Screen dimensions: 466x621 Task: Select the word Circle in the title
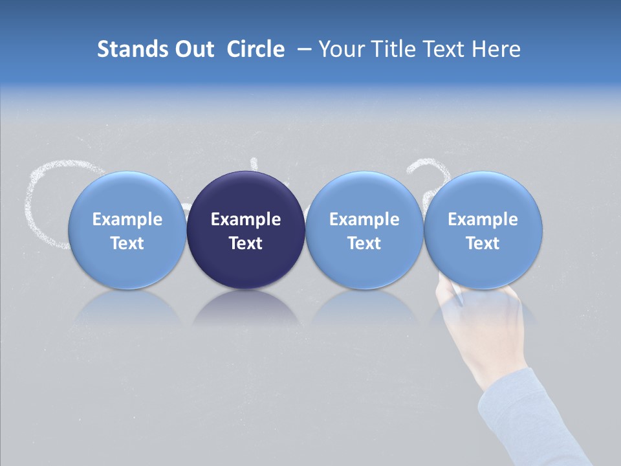click(x=256, y=49)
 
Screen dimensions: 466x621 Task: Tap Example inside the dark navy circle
click(x=246, y=219)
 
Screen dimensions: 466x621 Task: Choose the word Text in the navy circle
click(x=246, y=243)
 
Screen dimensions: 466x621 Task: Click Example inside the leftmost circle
click(x=127, y=219)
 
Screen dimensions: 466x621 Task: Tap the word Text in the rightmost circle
click(x=483, y=243)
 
